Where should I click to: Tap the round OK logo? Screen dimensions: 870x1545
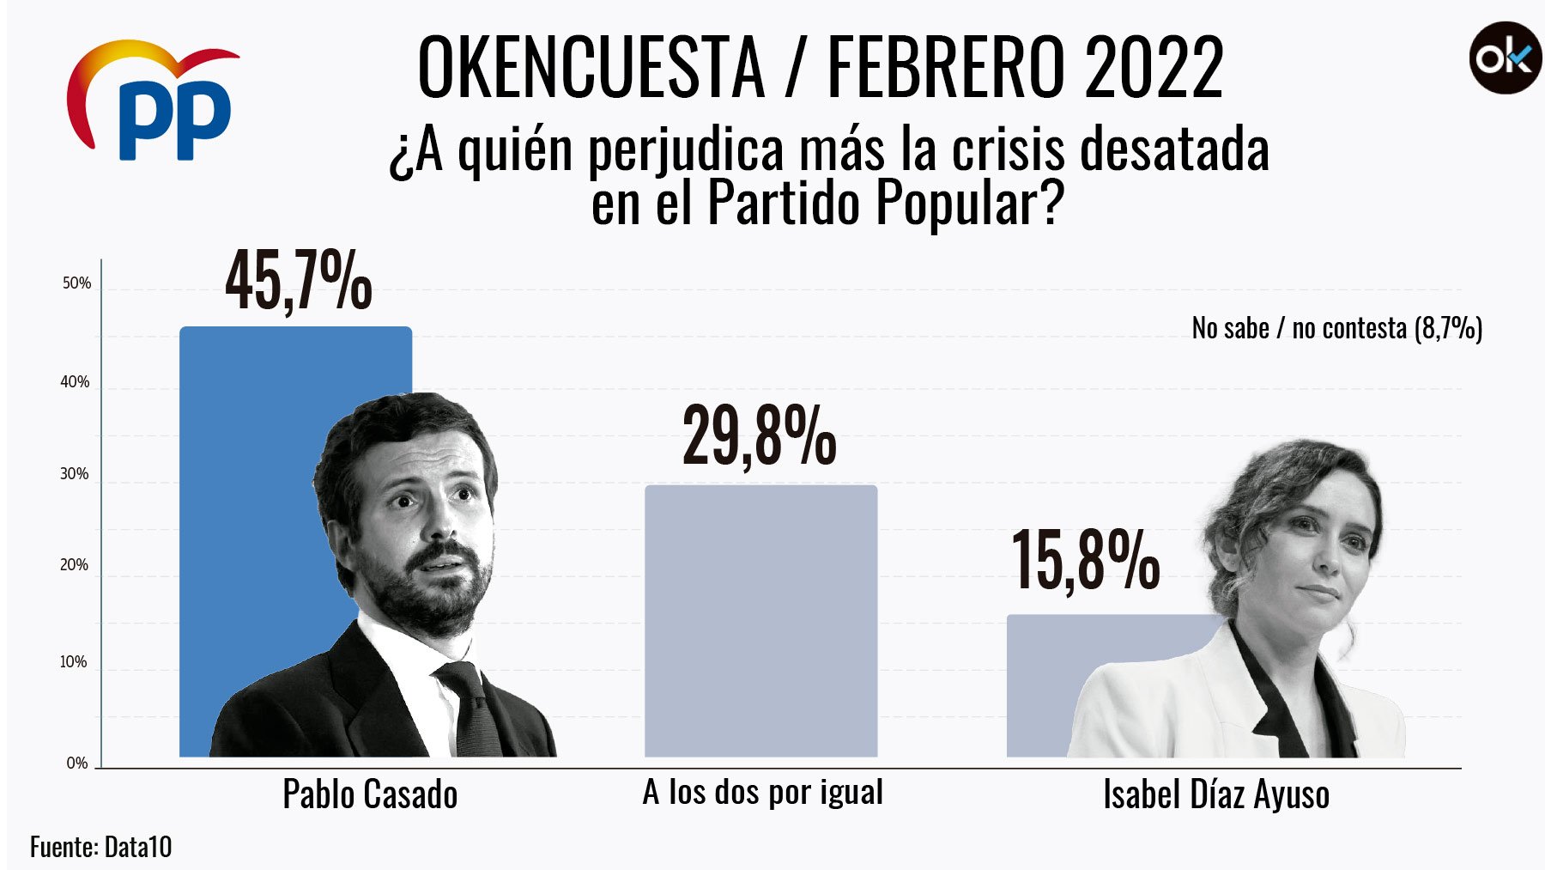point(1505,58)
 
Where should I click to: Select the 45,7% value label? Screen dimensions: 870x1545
point(298,282)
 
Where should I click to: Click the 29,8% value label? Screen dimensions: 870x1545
point(760,437)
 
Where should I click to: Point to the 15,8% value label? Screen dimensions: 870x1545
point(1086,561)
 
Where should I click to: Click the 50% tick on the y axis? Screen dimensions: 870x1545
point(76,283)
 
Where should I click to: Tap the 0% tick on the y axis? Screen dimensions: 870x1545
point(77,763)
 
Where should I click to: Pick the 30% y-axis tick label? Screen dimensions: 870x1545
point(75,474)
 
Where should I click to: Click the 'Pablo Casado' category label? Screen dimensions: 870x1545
point(370,794)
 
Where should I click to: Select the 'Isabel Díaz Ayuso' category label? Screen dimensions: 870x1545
point(1215,794)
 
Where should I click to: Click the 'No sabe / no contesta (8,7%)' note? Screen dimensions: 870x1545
point(1336,328)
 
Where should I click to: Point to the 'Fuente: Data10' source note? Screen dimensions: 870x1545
point(100,847)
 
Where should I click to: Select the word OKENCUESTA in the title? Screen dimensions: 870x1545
point(591,67)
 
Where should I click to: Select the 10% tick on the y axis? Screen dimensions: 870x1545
point(74,662)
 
